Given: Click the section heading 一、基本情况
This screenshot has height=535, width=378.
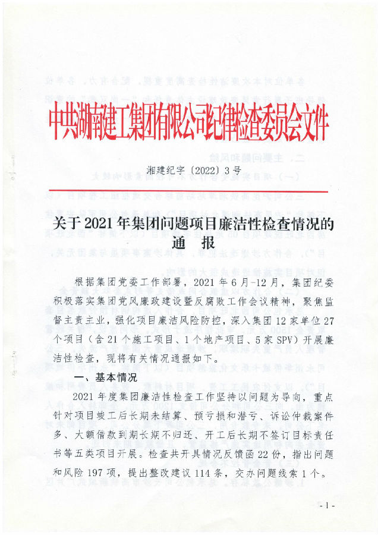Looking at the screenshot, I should tap(105, 377).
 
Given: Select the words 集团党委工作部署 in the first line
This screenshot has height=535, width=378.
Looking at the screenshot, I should tap(134, 282).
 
